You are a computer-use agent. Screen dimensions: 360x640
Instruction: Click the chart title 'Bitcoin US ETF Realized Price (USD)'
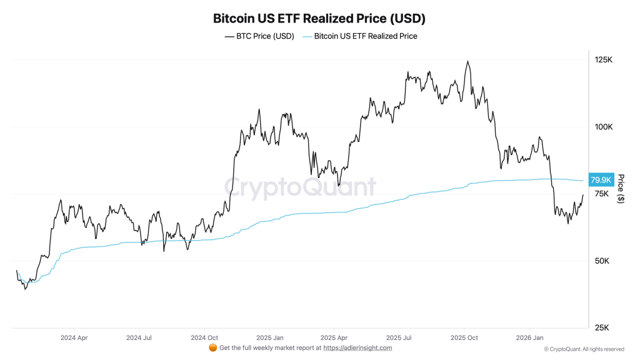click(x=319, y=18)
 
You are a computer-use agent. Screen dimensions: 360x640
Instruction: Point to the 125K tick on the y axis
click(x=603, y=59)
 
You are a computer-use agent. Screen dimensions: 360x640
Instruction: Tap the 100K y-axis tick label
click(x=603, y=127)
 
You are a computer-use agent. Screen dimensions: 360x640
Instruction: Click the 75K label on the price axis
click(x=601, y=194)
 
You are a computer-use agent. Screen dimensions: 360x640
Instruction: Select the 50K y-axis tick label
click(x=601, y=261)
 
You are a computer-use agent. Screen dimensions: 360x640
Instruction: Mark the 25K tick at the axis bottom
click(x=601, y=327)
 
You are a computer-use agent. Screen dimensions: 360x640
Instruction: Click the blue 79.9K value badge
click(x=601, y=180)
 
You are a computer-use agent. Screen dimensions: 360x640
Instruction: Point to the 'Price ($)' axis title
click(x=621, y=189)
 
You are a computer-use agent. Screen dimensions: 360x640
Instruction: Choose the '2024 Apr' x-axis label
click(x=73, y=337)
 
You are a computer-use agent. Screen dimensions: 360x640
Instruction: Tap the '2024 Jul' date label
click(x=139, y=337)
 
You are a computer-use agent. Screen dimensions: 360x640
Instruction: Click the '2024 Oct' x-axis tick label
click(x=204, y=337)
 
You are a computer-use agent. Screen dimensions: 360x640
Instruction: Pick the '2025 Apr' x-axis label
click(x=334, y=337)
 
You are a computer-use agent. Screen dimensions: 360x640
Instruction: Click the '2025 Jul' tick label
click(x=399, y=337)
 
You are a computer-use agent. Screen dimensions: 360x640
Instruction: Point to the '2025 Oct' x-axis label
click(x=464, y=337)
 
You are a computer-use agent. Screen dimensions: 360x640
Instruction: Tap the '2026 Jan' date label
click(x=529, y=337)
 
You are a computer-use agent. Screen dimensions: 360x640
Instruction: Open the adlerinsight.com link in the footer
click(x=359, y=348)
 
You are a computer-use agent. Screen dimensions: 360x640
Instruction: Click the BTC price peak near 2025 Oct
click(x=467, y=61)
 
